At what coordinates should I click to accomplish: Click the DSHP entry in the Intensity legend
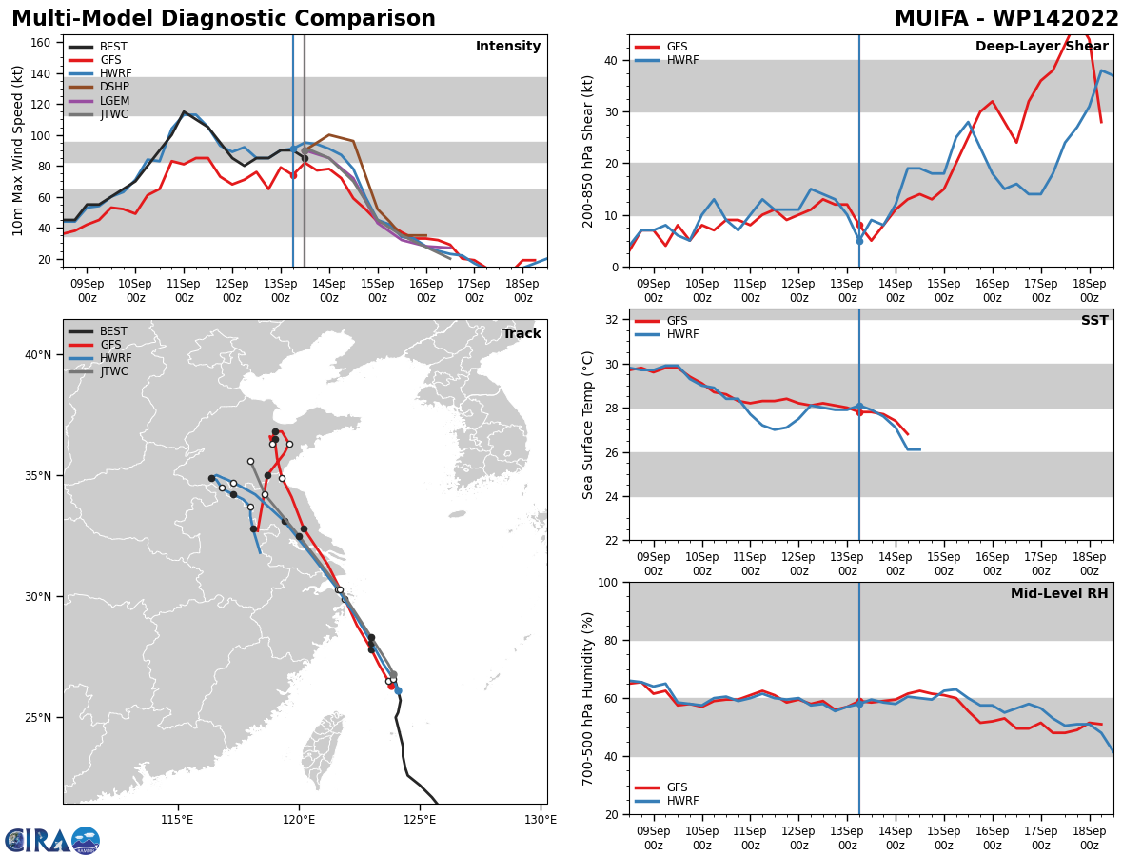click(x=99, y=87)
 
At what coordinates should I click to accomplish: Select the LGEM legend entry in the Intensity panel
click(x=99, y=100)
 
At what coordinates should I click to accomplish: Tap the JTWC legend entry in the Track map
click(x=98, y=371)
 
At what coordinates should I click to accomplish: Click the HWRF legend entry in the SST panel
click(x=667, y=334)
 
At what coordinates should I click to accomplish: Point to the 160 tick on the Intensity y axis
click(x=41, y=43)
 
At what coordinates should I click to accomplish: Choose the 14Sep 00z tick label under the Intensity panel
click(x=329, y=290)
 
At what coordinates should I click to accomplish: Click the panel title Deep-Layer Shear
click(x=1041, y=47)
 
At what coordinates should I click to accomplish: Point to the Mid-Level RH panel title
click(x=1059, y=593)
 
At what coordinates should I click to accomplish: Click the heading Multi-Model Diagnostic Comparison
click(x=224, y=19)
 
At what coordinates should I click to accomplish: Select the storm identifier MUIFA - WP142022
click(x=1007, y=19)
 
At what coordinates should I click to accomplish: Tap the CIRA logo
click(x=52, y=841)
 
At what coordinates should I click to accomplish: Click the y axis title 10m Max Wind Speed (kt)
click(x=17, y=150)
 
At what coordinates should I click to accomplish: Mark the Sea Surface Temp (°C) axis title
click(x=587, y=425)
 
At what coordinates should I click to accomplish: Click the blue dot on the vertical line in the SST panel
click(x=859, y=407)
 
